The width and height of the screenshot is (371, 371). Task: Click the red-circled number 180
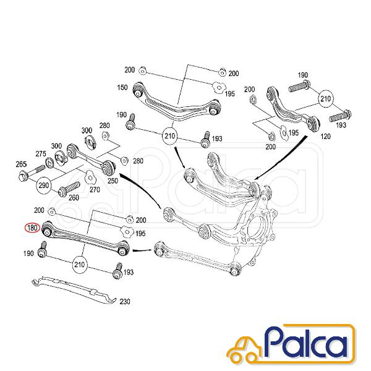33,228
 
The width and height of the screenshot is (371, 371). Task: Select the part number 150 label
122,87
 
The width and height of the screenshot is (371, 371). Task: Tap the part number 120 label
325,136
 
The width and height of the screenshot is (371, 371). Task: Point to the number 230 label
125,302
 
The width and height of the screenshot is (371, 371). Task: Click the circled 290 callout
44,185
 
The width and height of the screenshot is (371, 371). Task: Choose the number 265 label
21,164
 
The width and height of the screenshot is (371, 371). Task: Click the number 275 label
41,154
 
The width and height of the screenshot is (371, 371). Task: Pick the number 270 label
95,190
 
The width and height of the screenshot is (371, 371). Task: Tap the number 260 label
74,198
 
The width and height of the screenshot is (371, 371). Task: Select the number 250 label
113,181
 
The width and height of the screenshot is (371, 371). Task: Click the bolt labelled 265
32,173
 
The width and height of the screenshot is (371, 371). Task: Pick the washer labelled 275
49,163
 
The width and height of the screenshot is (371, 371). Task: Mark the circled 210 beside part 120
326,99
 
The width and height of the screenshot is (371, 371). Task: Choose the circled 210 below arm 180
80,265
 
